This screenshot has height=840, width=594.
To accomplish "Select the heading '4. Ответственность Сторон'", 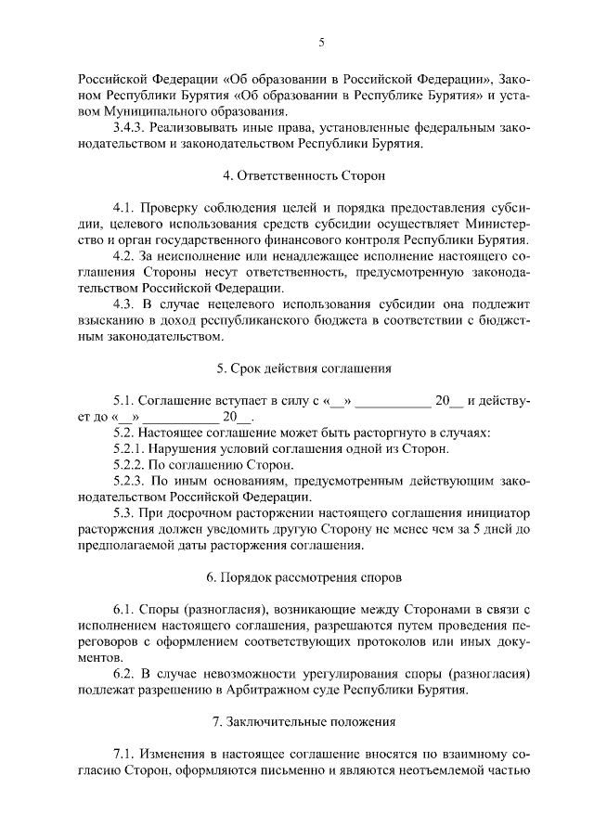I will (303, 174).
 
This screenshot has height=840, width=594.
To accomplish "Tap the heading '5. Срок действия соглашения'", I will (303, 368).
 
